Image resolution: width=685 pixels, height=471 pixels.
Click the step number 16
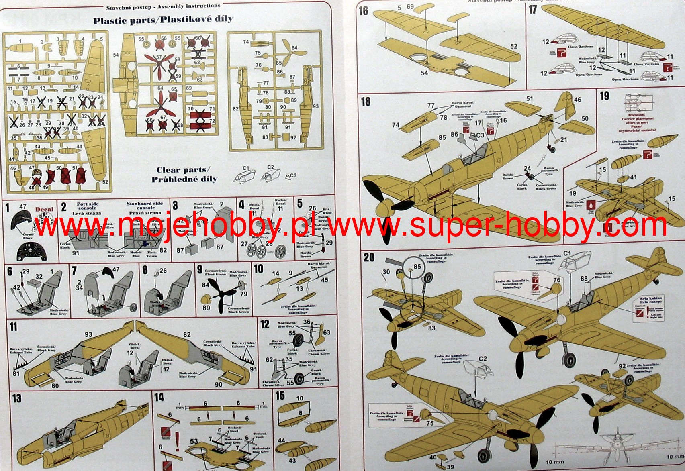click(x=364, y=11)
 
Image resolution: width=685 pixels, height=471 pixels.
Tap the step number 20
click(x=369, y=257)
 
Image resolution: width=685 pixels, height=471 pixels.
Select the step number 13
click(x=16, y=398)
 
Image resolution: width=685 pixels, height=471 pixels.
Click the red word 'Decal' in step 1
click(x=44, y=209)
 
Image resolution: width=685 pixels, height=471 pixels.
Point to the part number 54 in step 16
click(x=424, y=73)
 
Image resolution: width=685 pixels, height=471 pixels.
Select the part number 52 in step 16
click(x=514, y=46)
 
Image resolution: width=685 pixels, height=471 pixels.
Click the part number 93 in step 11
click(x=88, y=334)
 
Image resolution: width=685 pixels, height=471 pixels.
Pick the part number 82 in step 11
click(x=187, y=334)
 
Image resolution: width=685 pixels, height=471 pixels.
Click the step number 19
click(x=604, y=96)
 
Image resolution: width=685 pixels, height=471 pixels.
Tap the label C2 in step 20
click(x=483, y=358)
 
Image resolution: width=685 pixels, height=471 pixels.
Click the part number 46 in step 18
click(x=577, y=100)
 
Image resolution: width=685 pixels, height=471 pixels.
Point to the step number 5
click(x=300, y=204)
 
